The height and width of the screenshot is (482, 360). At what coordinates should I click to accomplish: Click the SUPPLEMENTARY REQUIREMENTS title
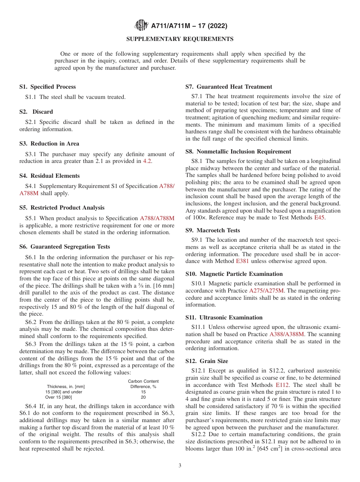(x=180, y=39)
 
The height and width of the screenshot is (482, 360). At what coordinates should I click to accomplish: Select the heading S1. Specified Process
(x=47, y=87)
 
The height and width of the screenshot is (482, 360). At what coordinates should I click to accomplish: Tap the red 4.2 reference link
(x=147, y=161)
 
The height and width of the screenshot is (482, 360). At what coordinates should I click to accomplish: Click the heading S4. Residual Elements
(x=49, y=176)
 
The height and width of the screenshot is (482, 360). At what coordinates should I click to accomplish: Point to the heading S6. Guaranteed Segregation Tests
(x=64, y=247)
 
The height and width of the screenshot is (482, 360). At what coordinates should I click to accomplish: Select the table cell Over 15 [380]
(x=58, y=397)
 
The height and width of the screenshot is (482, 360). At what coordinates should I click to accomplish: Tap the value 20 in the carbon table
(x=143, y=397)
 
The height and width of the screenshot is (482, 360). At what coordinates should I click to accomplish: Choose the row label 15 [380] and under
(x=64, y=392)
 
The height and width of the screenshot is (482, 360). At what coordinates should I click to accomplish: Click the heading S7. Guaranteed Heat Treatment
(x=229, y=87)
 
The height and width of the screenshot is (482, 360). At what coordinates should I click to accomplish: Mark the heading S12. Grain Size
(x=207, y=361)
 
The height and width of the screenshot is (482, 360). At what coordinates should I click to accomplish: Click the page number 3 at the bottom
(x=180, y=466)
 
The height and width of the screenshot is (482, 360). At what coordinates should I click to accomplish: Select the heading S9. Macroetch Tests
(x=213, y=230)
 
